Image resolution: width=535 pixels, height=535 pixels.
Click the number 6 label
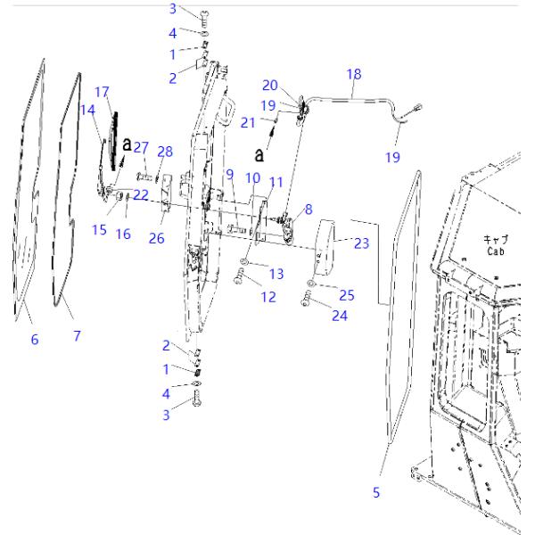click(x=35, y=339)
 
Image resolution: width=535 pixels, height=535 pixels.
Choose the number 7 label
click(x=77, y=335)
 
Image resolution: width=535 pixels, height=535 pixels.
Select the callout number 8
click(x=309, y=210)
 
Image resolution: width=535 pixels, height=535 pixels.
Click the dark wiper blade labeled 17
click(x=114, y=138)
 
